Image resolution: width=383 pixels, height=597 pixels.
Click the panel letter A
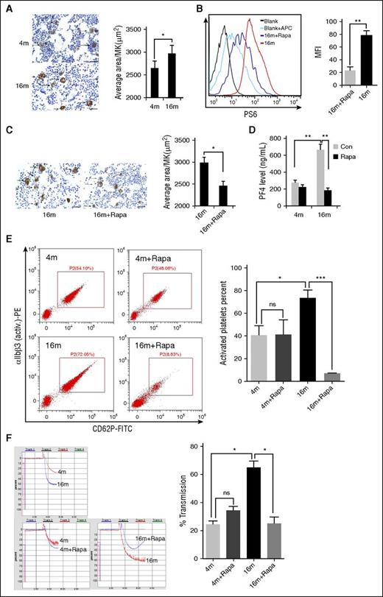pyautogui.click(x=7, y=7)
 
